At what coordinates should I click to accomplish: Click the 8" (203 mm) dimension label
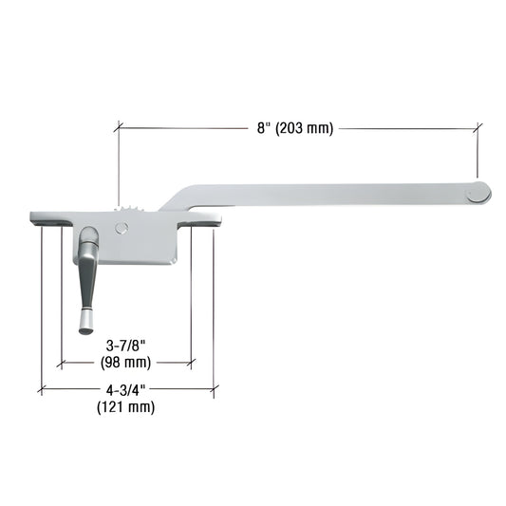coord(295,128)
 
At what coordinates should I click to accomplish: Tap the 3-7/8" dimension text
coord(125,346)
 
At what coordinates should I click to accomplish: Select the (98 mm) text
coord(125,362)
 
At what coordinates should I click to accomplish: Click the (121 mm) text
coord(125,407)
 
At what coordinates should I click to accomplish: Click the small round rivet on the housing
coord(118,228)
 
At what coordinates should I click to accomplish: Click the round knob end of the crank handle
coord(85,326)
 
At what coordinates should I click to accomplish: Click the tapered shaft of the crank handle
coord(85,285)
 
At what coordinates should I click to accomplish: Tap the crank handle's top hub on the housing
coord(87,238)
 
